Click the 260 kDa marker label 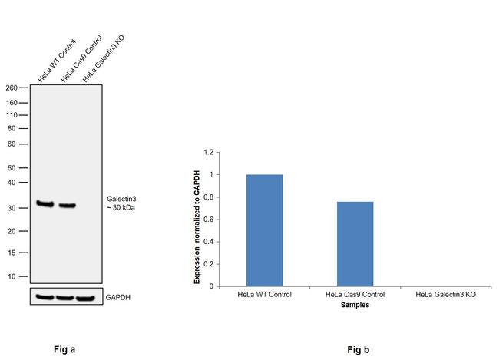(12, 88)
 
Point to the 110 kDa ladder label (12, 115)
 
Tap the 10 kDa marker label (14, 276)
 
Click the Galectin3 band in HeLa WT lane (45, 204)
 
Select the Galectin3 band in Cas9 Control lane (68, 206)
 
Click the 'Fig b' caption (358, 350)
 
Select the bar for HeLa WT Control (264, 230)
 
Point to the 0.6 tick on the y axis (207, 220)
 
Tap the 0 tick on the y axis (210, 286)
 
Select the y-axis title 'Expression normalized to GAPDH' (197, 227)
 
